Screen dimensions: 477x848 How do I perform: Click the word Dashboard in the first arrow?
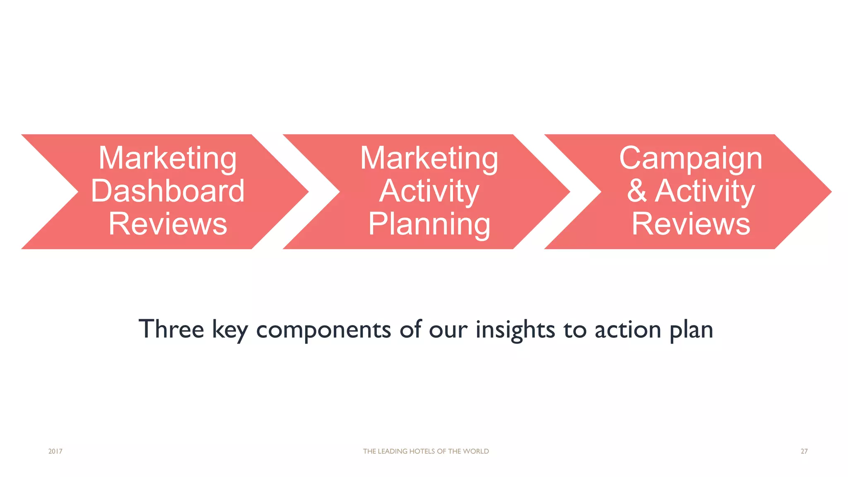(x=168, y=191)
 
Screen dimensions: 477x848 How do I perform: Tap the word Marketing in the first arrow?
(x=168, y=158)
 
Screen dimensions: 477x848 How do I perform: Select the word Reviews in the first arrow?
(x=168, y=224)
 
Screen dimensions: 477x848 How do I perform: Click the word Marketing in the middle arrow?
(x=429, y=158)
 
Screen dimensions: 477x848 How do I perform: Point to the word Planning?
(x=429, y=224)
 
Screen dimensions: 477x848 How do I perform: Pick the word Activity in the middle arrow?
(x=429, y=191)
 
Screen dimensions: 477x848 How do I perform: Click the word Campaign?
(x=691, y=158)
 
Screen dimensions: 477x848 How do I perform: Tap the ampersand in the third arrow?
(x=637, y=191)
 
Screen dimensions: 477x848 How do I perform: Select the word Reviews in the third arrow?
(x=691, y=224)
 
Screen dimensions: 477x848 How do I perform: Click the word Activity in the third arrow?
(x=705, y=191)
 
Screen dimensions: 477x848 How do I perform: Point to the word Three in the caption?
(x=171, y=329)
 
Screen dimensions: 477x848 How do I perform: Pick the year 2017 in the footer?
(x=55, y=451)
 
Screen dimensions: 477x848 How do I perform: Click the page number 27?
(x=804, y=451)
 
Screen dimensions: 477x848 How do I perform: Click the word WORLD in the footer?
(x=476, y=451)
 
